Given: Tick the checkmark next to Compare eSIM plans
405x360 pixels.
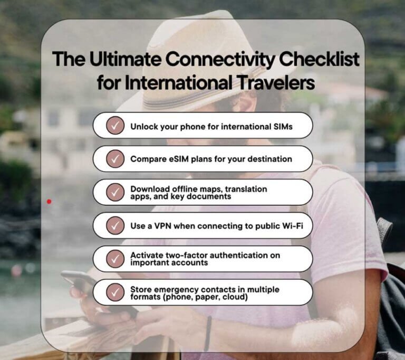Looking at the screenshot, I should click(x=114, y=159).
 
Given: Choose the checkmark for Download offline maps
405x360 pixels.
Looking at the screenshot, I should click(x=114, y=192).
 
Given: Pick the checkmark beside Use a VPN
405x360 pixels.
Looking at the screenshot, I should click(x=114, y=225).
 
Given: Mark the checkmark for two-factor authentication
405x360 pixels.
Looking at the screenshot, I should click(x=114, y=259).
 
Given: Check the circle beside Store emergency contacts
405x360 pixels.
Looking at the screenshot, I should click(x=114, y=292).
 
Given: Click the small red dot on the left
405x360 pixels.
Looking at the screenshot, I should click(x=49, y=201).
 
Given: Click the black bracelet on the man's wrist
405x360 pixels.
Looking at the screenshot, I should click(x=208, y=333).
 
